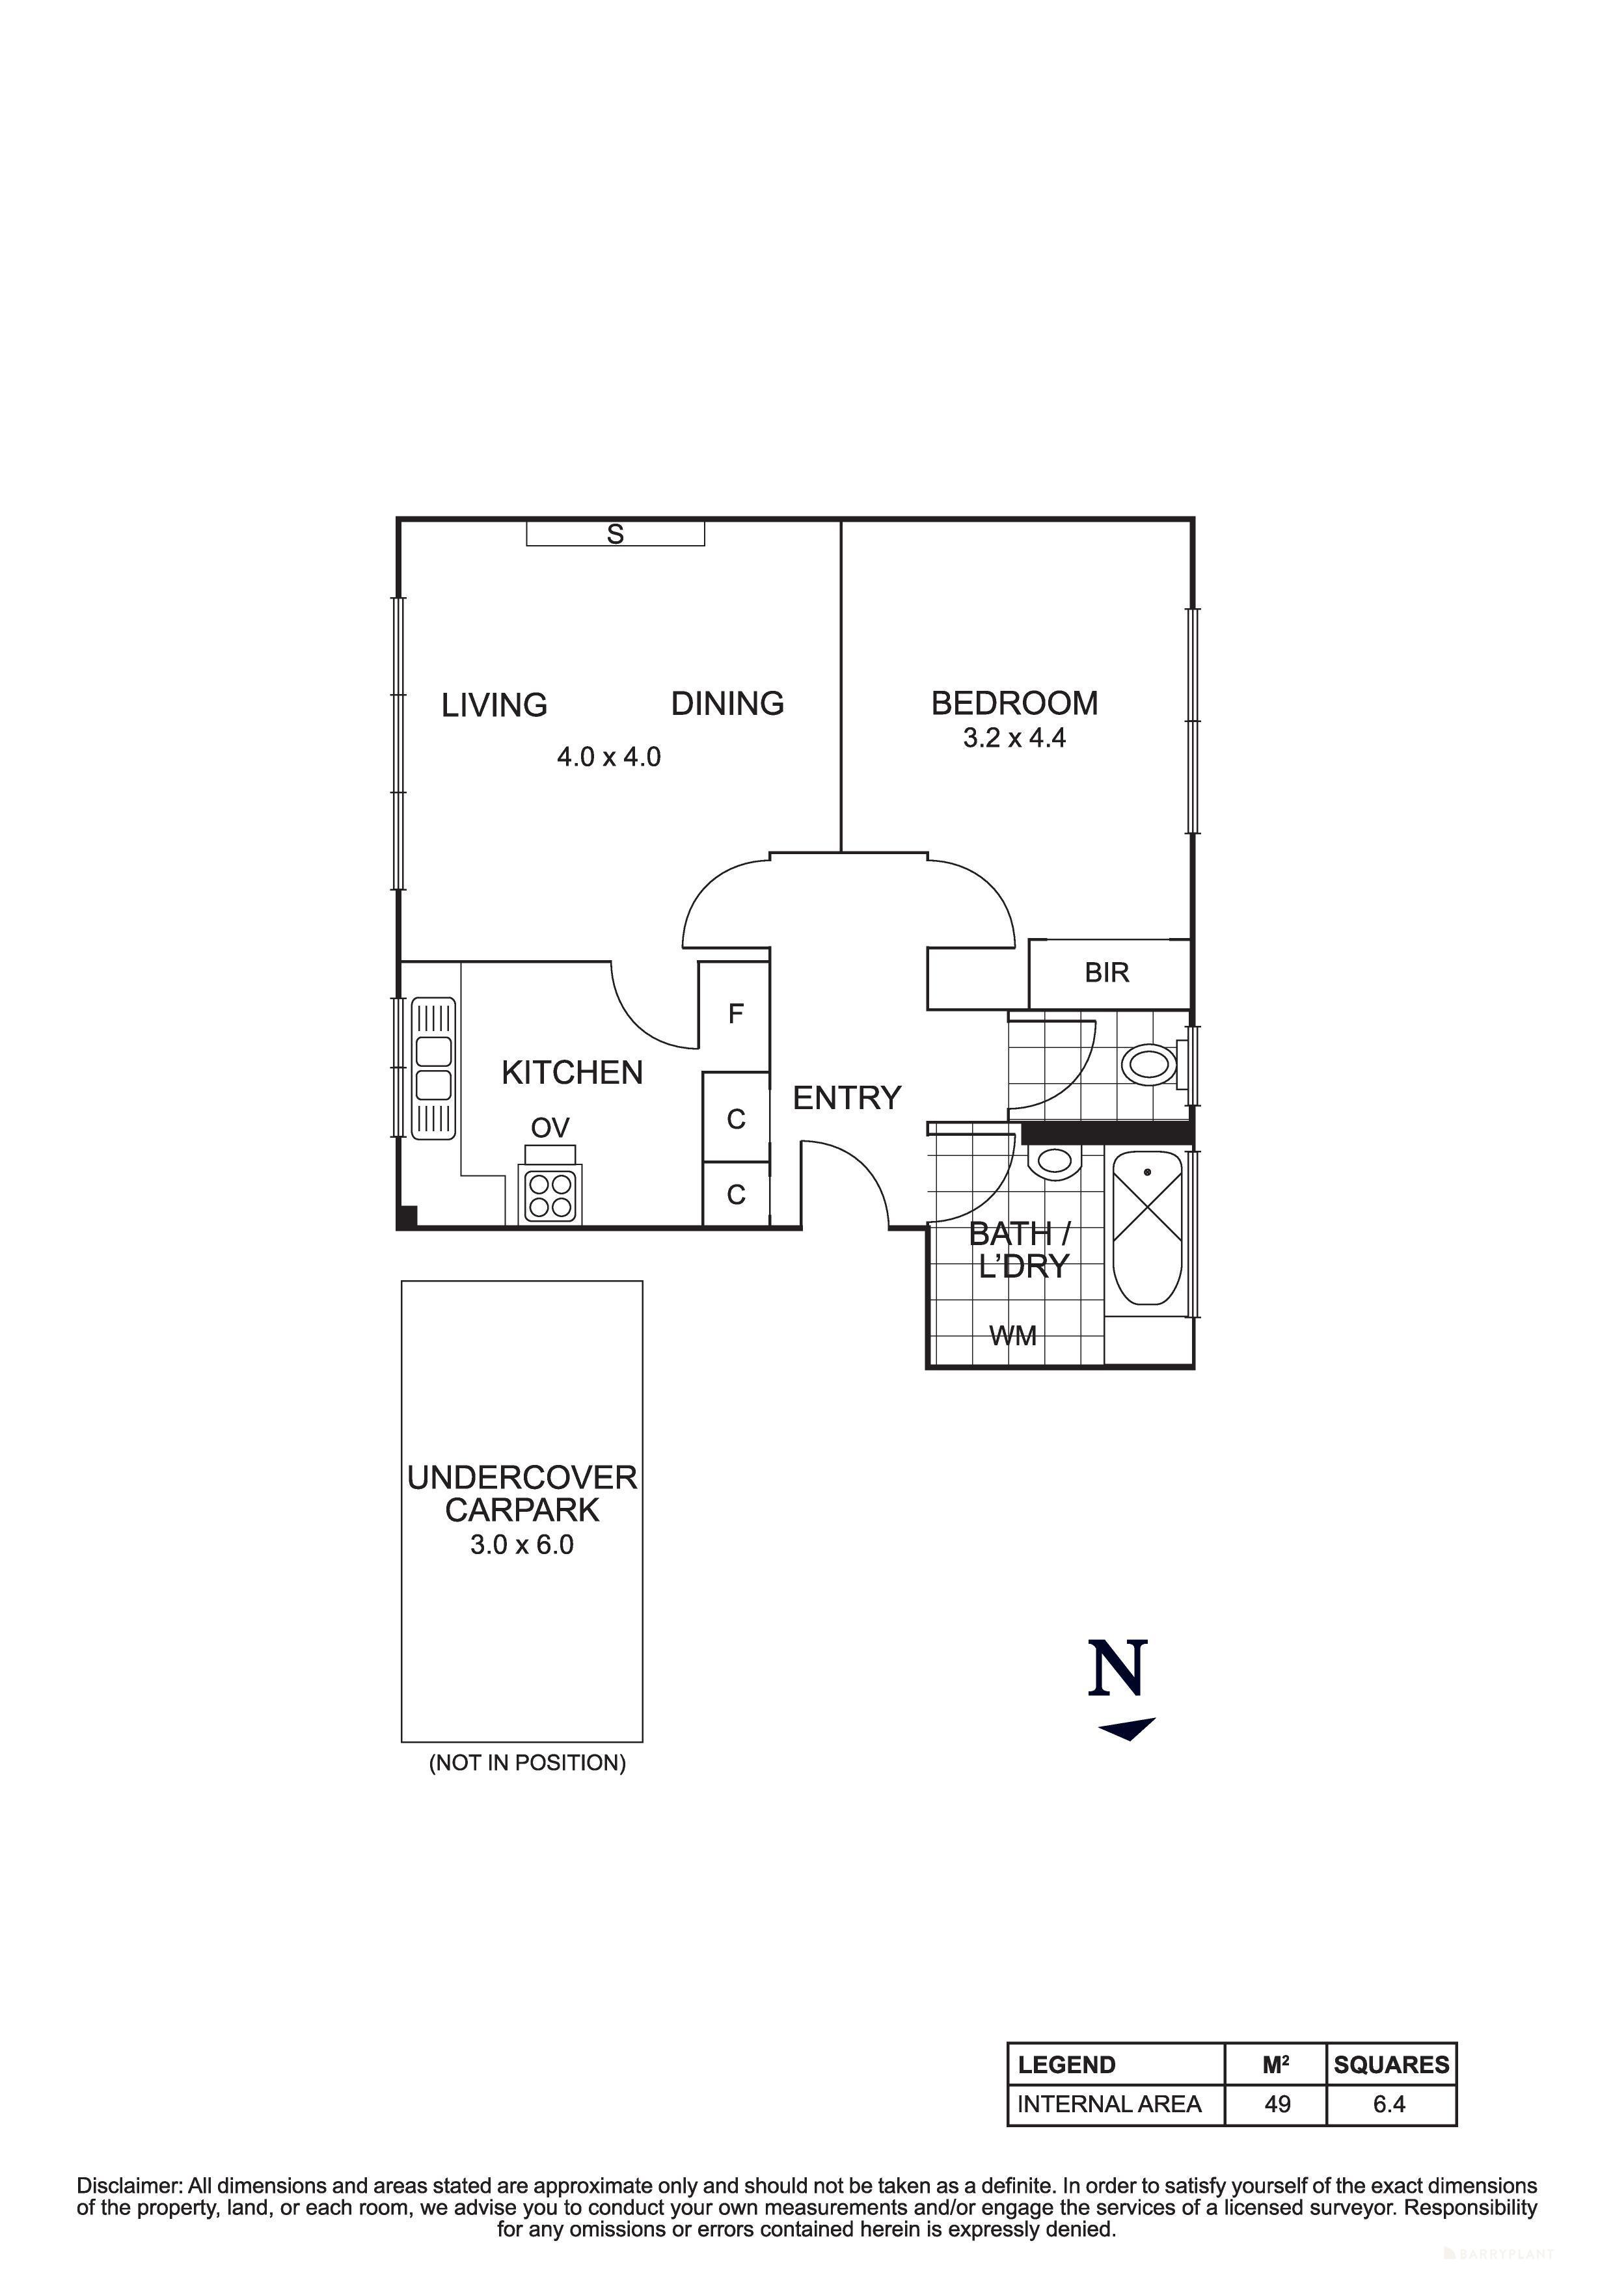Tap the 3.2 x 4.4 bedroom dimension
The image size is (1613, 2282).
click(x=1014, y=738)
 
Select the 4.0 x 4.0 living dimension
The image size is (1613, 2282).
click(x=608, y=757)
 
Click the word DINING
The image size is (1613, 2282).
click(x=727, y=704)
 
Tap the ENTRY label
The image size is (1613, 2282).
click(x=847, y=1097)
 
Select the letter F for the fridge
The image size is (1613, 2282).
click(x=735, y=1013)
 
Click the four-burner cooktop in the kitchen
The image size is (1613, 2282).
click(x=550, y=1196)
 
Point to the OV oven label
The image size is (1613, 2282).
click(x=550, y=1127)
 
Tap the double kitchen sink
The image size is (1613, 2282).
click(x=433, y=1068)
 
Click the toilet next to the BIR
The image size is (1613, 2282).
click(x=1150, y=1066)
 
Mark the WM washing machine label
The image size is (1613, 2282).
click(x=1012, y=1336)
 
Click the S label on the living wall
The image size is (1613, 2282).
click(x=615, y=535)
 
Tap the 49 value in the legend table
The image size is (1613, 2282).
click(x=1277, y=2104)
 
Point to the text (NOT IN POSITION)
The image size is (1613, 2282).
click(x=527, y=1763)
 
